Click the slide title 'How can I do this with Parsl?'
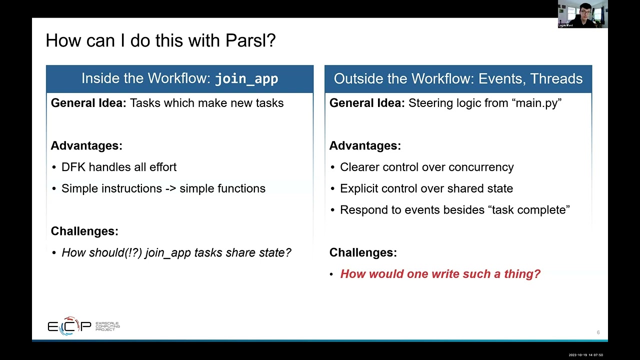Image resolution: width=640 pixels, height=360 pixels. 160,40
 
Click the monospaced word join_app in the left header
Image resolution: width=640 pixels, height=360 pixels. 246,79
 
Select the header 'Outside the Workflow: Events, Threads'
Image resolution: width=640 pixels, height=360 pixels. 458,79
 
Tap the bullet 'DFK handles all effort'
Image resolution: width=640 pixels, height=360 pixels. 118,167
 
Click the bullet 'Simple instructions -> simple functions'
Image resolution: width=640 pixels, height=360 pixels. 163,188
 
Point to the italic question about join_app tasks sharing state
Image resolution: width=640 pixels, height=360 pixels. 176,252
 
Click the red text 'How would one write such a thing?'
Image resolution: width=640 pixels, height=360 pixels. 440,274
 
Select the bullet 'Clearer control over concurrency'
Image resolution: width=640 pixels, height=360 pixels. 426,167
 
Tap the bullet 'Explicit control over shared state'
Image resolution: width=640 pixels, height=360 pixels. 426,188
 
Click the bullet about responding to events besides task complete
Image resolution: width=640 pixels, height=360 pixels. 454,210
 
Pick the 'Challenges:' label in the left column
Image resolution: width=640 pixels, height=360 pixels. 84,231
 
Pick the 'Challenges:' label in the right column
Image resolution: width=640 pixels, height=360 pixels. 363,252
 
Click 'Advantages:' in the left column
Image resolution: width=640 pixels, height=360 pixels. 86,145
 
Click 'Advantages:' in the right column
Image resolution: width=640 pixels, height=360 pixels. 365,145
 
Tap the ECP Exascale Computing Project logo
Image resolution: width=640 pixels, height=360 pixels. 83,326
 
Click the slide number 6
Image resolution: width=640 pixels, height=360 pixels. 598,332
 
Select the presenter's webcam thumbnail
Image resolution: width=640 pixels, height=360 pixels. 582,14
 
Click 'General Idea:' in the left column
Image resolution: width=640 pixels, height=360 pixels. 88,103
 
